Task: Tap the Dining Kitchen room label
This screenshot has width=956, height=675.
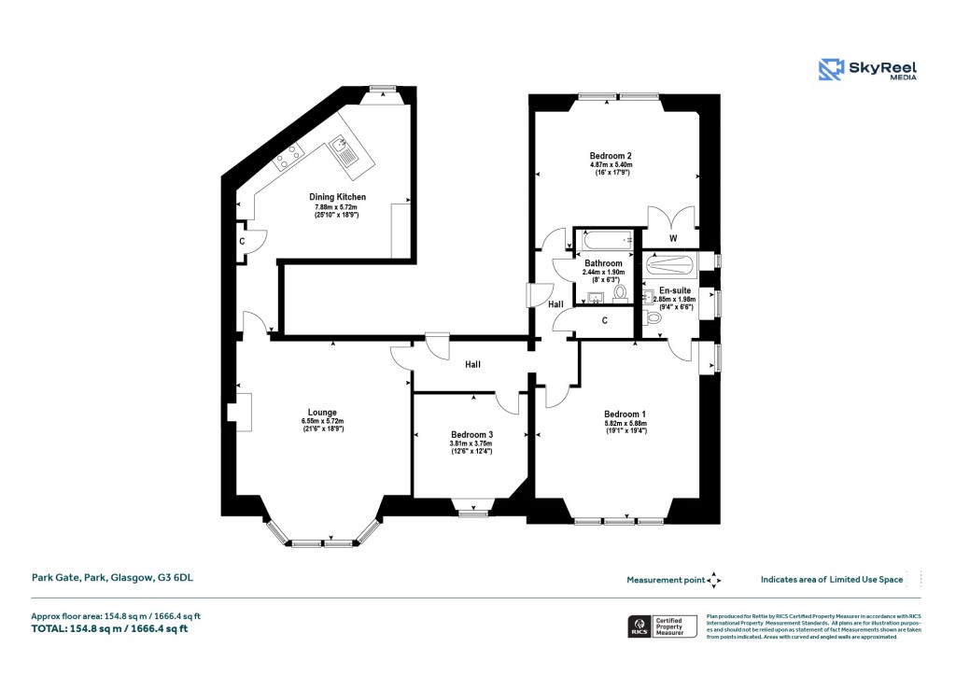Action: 337,197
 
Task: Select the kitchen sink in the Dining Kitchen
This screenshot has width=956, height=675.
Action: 343,151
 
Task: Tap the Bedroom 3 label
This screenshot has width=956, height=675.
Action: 471,434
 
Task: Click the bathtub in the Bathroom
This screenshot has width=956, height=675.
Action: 604,241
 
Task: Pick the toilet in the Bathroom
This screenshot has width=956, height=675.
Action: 620,292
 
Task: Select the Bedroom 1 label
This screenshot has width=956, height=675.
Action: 625,415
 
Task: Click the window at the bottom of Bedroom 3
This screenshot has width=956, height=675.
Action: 472,513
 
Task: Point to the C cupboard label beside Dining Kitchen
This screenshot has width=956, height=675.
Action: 242,242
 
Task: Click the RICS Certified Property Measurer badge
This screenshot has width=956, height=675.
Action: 660,626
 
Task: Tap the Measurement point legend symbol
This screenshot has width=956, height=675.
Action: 714,580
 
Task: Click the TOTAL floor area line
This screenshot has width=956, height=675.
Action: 110,629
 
